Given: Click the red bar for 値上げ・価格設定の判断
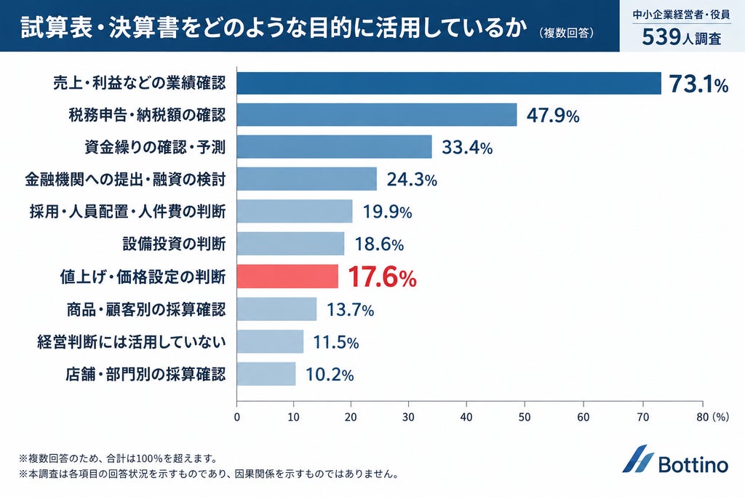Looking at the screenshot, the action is (x=287, y=277).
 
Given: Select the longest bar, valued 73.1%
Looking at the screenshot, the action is (x=449, y=84).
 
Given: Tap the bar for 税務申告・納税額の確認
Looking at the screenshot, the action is (x=377, y=115).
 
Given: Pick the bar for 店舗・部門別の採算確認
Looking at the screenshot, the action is (x=266, y=374).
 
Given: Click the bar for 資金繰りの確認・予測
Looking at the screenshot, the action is (x=335, y=147).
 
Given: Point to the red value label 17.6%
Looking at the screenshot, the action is (x=383, y=277).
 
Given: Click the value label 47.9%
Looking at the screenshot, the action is (x=553, y=116).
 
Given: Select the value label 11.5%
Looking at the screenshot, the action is (x=336, y=343).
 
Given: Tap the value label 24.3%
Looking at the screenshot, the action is (x=412, y=180).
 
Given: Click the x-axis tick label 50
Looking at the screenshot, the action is (x=525, y=417).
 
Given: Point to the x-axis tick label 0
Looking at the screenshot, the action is (x=237, y=417).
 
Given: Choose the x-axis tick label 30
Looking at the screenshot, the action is (x=409, y=417).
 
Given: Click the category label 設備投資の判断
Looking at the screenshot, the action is (x=174, y=244).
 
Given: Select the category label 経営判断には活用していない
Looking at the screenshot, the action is (x=132, y=342).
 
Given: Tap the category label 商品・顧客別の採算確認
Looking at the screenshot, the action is (x=146, y=310).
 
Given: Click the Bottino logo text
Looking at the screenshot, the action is (x=693, y=464).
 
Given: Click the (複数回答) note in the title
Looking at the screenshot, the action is (x=566, y=33).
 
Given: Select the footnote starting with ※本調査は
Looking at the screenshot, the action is (x=209, y=474).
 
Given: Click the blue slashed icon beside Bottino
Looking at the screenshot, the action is (x=638, y=458).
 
